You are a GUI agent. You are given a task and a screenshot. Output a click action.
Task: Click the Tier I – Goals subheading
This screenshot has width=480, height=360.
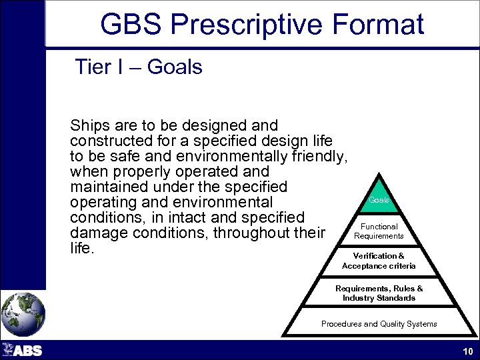pos(138,67)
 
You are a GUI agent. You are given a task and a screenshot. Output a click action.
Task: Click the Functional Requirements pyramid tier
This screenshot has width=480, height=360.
pos(379,231)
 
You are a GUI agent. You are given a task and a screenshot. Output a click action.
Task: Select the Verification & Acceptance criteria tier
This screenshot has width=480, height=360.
pos(379,261)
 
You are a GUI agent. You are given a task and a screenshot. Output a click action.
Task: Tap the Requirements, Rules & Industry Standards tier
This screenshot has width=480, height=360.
pos(379,293)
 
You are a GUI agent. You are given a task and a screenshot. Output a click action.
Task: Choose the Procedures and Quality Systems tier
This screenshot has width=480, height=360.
pos(379,324)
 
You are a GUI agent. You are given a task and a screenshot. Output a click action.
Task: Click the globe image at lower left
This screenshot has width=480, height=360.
pos(23,313)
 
